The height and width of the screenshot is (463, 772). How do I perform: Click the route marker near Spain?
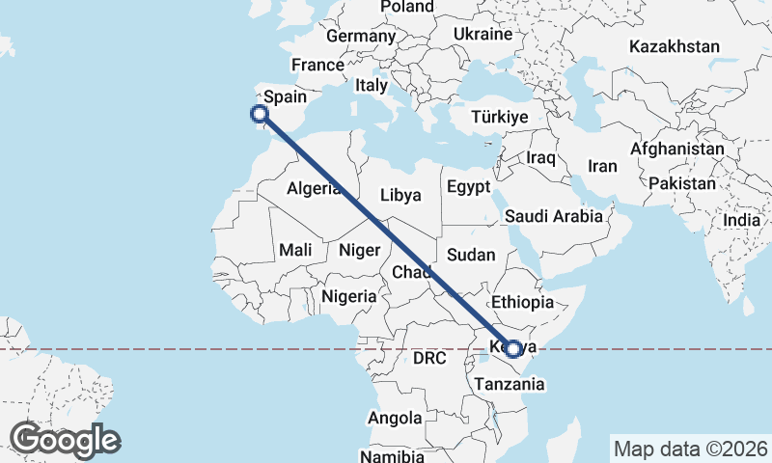pos(259,115)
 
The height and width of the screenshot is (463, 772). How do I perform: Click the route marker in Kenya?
pos(513,349)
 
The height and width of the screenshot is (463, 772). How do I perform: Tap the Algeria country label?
pos(315,190)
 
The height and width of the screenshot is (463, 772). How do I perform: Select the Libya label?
pos(400,195)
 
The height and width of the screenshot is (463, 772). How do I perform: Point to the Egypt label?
pos(469,186)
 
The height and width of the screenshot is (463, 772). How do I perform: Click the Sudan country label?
pos(471,256)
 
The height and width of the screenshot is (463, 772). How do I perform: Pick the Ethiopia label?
pos(522,302)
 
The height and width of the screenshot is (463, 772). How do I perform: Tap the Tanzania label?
pos(509,384)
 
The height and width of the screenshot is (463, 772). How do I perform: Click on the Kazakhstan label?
pos(675,46)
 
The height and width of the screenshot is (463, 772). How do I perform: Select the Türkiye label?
pos(499,117)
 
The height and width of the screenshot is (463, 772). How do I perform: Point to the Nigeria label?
pos(349,296)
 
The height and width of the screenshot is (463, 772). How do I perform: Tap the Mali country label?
pos(295,250)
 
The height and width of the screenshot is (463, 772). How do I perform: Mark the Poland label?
pos(406,7)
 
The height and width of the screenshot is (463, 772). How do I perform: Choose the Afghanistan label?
pos(676,150)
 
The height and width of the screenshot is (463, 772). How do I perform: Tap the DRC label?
pos(429,358)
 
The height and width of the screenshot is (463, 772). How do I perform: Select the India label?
pos(742,220)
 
